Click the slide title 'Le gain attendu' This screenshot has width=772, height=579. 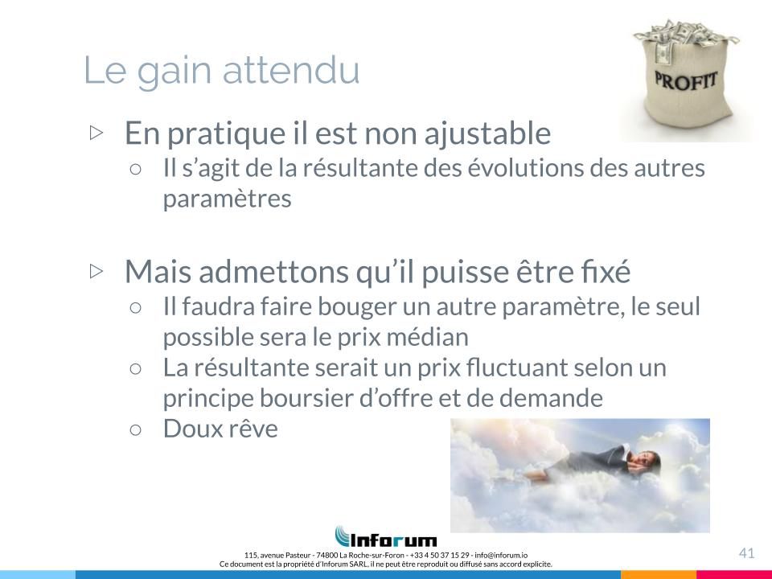pyautogui.click(x=222, y=71)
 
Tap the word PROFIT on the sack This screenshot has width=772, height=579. pyautogui.click(x=685, y=80)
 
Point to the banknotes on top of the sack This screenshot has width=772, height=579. pyautogui.click(x=684, y=35)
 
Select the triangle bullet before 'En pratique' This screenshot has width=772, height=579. pyautogui.click(x=97, y=133)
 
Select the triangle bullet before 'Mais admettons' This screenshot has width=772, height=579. pyautogui.click(x=97, y=271)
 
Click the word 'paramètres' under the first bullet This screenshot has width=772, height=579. pyautogui.click(x=227, y=199)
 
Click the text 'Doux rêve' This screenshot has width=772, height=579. pyautogui.click(x=220, y=429)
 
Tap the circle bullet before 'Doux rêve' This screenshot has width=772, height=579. pyautogui.click(x=135, y=429)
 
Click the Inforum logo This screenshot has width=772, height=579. pyautogui.click(x=385, y=536)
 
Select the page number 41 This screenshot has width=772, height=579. pyautogui.click(x=746, y=553)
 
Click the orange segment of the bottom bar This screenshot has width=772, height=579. pyautogui.click(x=659, y=575)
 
